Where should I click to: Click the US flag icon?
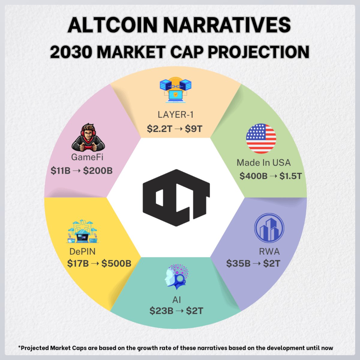click(x=261, y=139)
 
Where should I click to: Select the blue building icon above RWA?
click(x=269, y=228)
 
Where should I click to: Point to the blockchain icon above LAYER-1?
click(x=175, y=90)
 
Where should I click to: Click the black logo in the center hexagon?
click(x=176, y=198)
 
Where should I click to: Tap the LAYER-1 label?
click(x=175, y=115)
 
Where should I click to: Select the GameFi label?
click(x=87, y=157)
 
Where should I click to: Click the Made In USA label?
click(x=264, y=163)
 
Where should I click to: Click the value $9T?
click(x=193, y=129)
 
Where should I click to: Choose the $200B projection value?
click(x=98, y=171)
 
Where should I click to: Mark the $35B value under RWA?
click(x=238, y=263)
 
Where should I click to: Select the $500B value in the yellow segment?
click(x=116, y=263)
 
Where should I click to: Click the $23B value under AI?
click(x=161, y=311)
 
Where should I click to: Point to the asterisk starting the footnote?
click(x=19, y=347)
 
